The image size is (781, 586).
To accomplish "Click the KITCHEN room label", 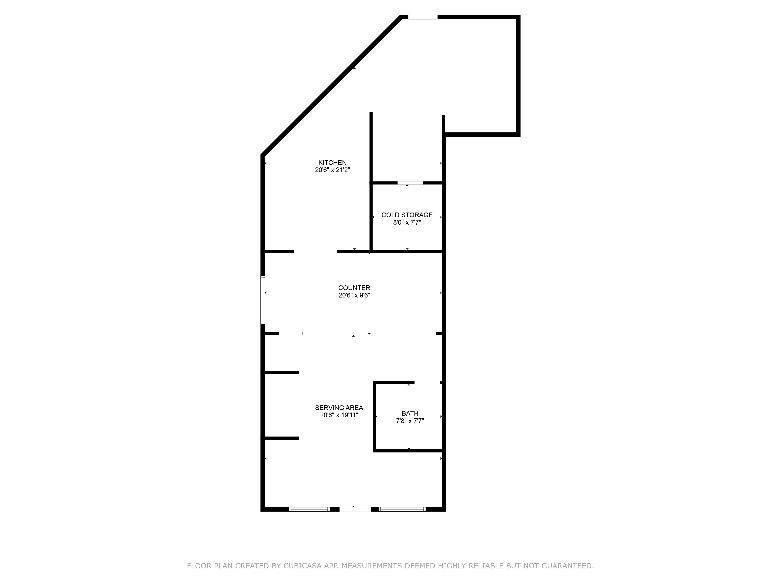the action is click(332, 163).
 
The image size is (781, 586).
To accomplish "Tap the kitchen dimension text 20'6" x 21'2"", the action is click(332, 170).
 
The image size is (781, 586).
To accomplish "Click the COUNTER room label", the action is click(354, 288).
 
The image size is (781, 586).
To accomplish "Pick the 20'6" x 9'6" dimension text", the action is click(354, 295).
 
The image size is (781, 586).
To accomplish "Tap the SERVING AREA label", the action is click(339, 408).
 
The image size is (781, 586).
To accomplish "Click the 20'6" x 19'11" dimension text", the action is click(339, 415).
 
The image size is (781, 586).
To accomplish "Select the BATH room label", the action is click(410, 413).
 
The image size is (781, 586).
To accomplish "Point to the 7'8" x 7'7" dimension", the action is click(410, 421).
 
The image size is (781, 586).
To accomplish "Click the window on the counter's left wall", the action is click(263, 300).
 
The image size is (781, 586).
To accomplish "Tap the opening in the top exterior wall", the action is click(423, 17).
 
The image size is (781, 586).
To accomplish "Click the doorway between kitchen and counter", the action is click(316, 251).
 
